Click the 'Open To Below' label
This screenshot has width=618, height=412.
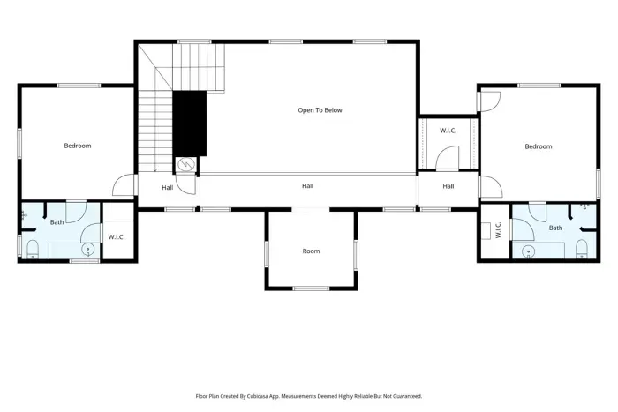pyautogui.click(x=319, y=110)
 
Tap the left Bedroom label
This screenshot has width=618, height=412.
pyautogui.click(x=77, y=146)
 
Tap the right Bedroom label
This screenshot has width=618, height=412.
pyautogui.click(x=538, y=146)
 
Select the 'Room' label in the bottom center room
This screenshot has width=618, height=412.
pyautogui.click(x=311, y=251)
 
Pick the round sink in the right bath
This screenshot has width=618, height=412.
pyautogui.click(x=527, y=251)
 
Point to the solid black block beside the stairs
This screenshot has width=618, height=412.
pyautogui.click(x=189, y=123)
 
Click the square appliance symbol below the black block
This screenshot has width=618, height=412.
pyautogui.click(x=186, y=164)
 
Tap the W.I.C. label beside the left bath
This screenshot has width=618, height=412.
pyautogui.click(x=117, y=236)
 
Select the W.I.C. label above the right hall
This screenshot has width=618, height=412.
pyautogui.click(x=448, y=131)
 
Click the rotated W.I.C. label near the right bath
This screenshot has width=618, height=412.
pyautogui.click(x=498, y=230)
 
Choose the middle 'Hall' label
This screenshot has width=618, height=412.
pyautogui.click(x=307, y=186)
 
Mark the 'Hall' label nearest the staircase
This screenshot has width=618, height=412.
pyautogui.click(x=167, y=187)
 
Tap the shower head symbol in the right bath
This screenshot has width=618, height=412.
pyautogui.click(x=584, y=206)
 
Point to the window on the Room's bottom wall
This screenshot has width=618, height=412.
pyautogui.click(x=311, y=288)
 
